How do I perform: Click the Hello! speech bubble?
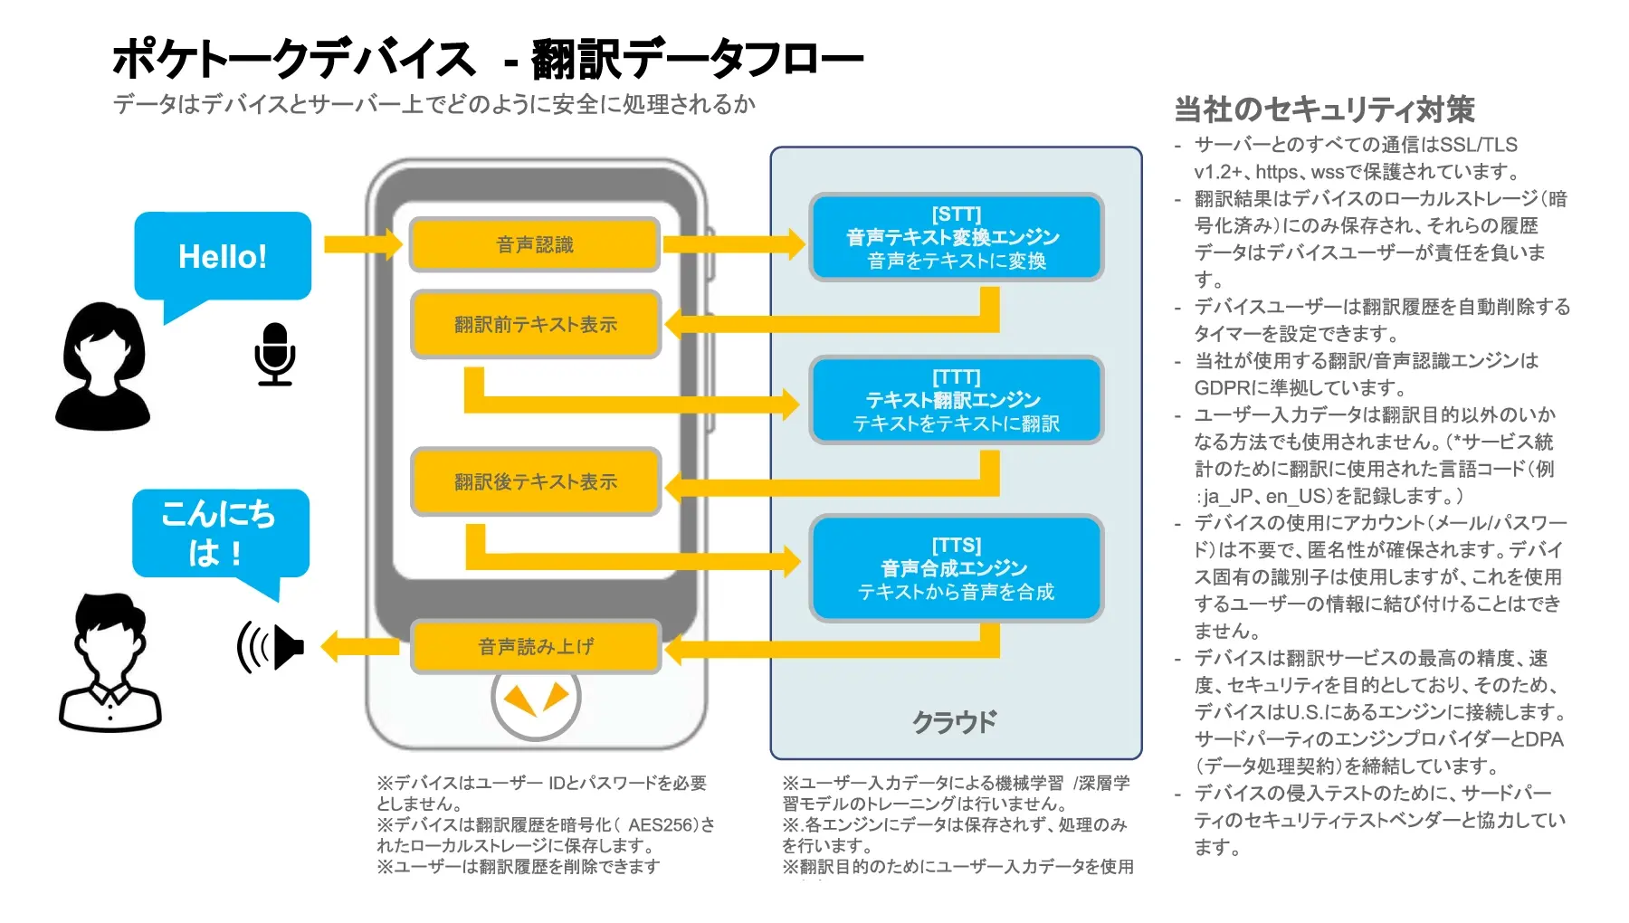[223, 256]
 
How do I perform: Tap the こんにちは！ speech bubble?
[220, 533]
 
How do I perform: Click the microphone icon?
[274, 354]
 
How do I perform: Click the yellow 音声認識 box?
[534, 244]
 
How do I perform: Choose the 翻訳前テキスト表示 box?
[535, 324]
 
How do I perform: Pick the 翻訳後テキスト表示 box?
[535, 481]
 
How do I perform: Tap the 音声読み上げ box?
[535, 646]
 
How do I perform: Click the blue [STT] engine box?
[956, 237]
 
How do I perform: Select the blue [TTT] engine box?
[956, 400]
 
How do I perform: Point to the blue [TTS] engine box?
[956, 568]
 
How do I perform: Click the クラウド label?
[954, 722]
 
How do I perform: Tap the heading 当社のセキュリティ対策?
[1324, 109]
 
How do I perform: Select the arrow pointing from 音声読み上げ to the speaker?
[359, 646]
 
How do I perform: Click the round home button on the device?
[536, 699]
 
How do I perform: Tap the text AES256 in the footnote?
[660, 824]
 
